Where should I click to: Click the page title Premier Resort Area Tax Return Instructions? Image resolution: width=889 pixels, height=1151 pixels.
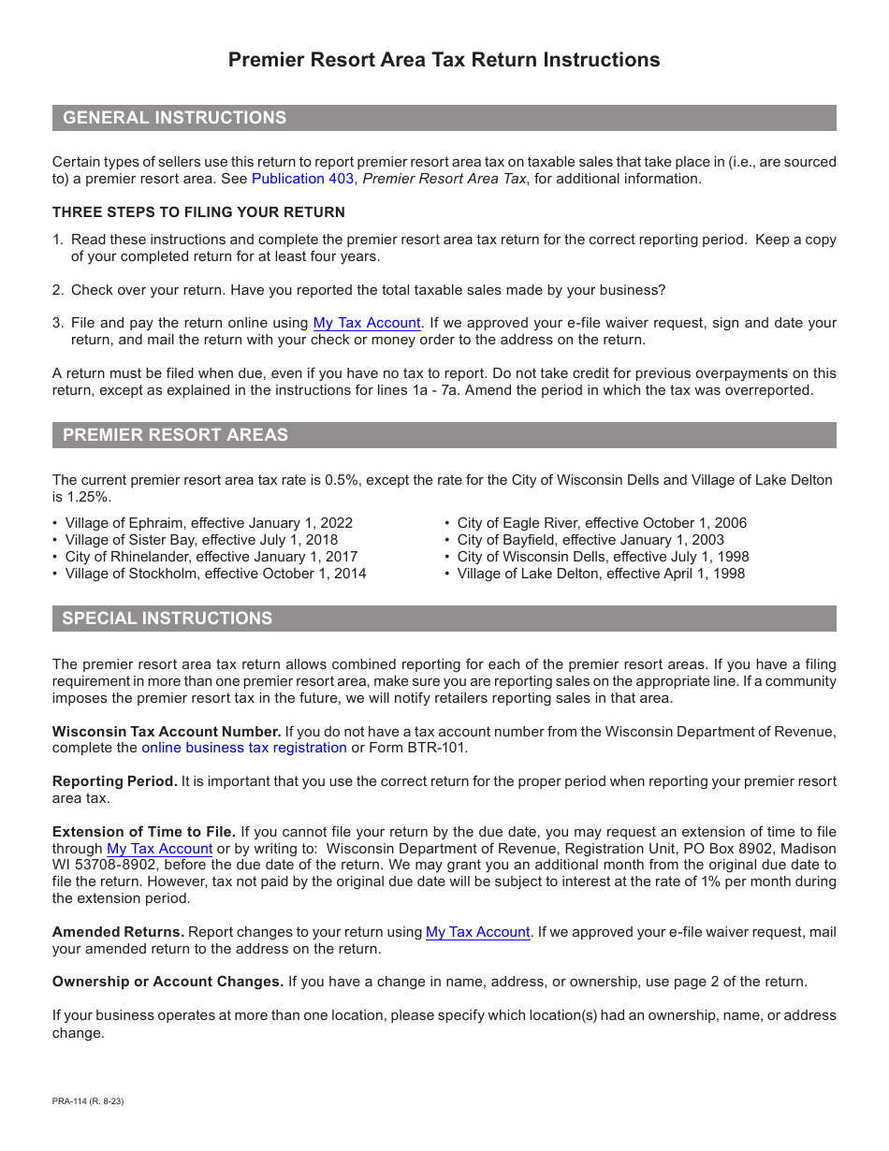click(444, 60)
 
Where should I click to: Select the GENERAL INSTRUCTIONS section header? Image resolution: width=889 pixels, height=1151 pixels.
click(174, 118)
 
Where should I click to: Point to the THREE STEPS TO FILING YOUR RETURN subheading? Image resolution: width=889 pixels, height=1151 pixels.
click(198, 212)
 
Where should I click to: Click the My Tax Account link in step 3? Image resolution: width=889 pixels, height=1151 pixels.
click(366, 323)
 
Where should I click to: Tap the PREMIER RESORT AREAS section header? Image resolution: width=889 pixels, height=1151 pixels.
click(175, 435)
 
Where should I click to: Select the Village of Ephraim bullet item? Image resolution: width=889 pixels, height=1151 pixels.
click(209, 523)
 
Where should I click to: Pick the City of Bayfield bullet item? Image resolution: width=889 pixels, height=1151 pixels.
click(590, 540)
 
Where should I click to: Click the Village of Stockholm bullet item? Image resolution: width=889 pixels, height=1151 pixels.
click(215, 574)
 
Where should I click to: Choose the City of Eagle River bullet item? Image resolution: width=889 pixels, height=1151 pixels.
click(602, 523)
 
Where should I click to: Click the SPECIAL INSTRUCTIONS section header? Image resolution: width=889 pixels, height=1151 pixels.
click(168, 619)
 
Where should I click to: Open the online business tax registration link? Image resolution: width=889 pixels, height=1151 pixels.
click(243, 748)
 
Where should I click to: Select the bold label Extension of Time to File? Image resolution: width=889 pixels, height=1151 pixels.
click(143, 832)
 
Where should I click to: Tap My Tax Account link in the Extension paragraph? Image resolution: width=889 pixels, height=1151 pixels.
click(159, 849)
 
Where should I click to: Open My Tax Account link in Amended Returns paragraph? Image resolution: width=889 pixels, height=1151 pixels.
click(478, 932)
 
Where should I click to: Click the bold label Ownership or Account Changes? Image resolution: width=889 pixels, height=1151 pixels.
click(168, 982)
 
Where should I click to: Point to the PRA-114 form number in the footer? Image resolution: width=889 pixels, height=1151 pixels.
click(88, 1101)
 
